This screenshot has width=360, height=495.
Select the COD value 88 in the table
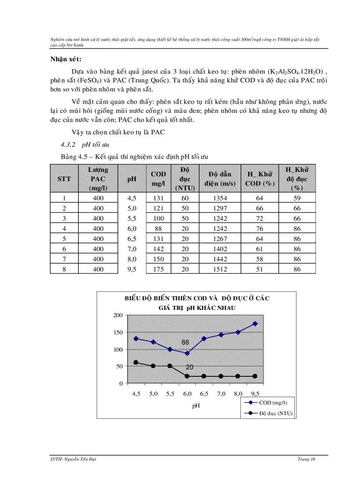(158, 228)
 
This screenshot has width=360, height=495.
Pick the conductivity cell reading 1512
(220, 269)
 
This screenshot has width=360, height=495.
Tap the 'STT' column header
(64, 179)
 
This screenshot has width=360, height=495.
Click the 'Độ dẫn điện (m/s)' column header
(220, 179)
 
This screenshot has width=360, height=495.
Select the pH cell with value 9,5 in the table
(131, 269)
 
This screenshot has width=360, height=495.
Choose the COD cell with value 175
(158, 269)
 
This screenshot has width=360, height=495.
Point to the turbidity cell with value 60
(185, 198)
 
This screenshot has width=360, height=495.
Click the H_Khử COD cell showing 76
(259, 228)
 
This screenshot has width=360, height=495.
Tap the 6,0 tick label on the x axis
(187, 394)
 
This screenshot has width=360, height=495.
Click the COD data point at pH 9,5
(255, 324)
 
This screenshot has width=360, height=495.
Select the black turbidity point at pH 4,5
(136, 362)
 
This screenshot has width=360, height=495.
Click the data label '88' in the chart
(185, 342)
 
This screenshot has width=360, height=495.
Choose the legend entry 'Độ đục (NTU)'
(270, 413)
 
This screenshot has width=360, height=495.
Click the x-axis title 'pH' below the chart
(196, 406)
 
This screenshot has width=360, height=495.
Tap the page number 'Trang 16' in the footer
(306, 459)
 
